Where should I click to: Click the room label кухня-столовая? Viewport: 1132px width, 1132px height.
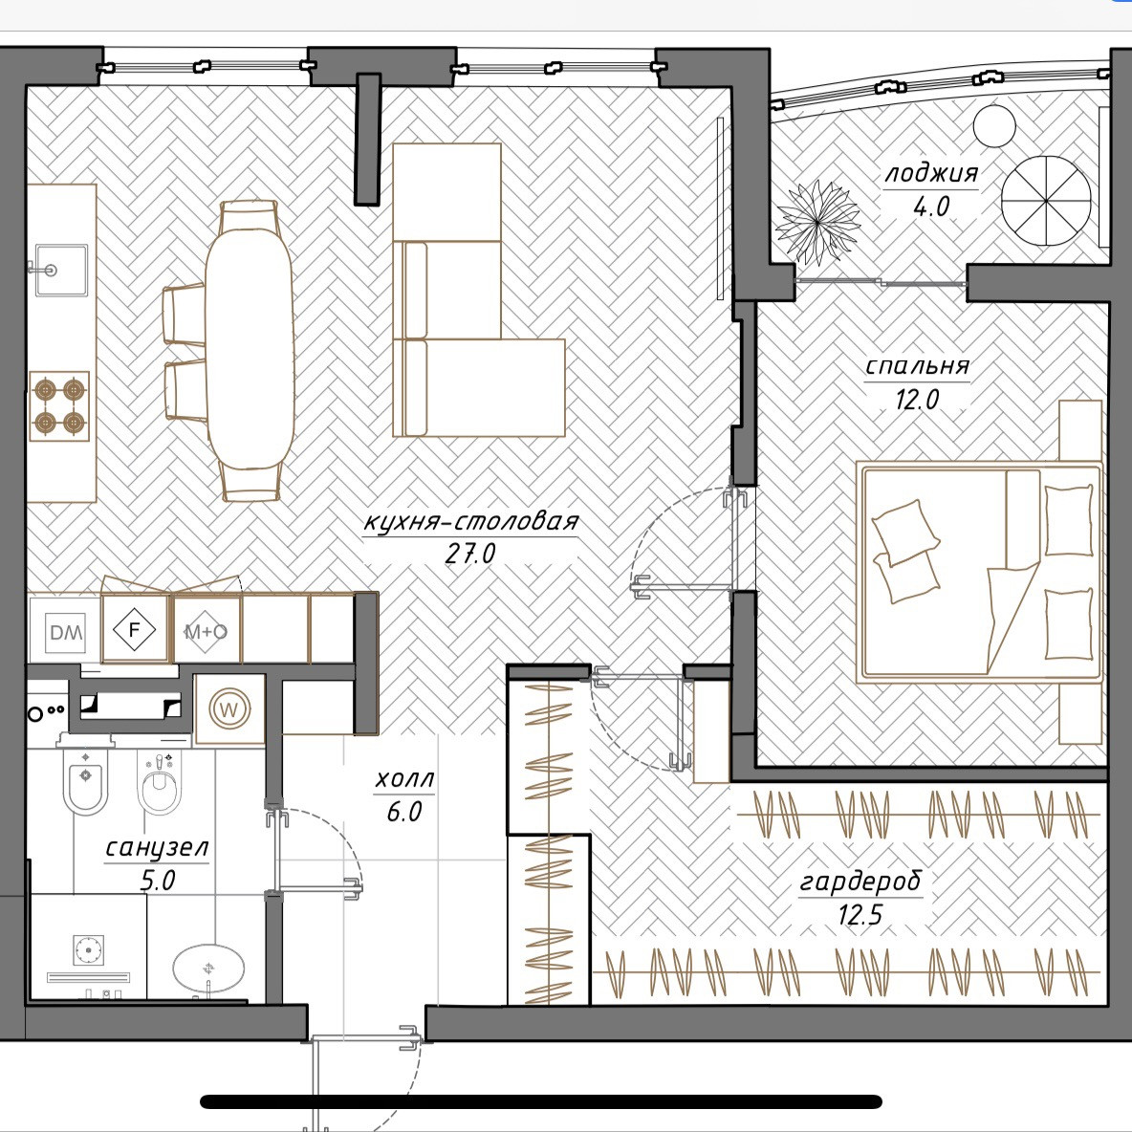tap(470, 522)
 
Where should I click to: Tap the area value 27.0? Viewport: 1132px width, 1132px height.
tap(470, 554)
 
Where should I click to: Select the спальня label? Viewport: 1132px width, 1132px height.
tap(917, 366)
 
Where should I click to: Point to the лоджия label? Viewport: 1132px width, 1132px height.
tap(931, 173)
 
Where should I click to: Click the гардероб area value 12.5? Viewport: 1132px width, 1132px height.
tap(860, 915)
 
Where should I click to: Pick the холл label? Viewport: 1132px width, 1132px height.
tap(404, 779)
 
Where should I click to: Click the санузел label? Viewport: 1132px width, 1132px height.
tap(157, 847)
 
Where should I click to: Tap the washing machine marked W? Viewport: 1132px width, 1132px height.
tap(229, 709)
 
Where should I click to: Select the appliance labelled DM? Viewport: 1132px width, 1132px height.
tap(66, 632)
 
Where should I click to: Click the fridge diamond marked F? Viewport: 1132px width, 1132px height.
tap(134, 630)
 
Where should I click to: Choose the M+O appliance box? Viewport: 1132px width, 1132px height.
tap(207, 630)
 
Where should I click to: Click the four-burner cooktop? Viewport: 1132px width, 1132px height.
tap(59, 405)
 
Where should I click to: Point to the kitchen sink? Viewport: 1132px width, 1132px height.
tap(61, 270)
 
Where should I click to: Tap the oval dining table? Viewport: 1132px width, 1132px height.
tap(250, 349)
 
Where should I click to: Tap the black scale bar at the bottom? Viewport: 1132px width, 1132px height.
tap(541, 1101)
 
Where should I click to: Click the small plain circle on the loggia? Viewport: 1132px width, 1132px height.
tap(994, 126)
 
